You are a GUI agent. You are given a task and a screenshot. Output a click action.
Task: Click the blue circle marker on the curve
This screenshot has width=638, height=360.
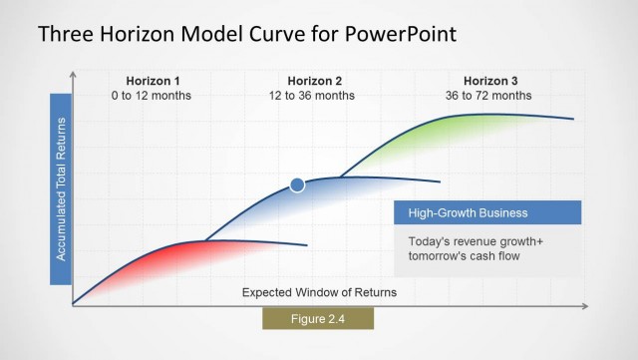(297, 183)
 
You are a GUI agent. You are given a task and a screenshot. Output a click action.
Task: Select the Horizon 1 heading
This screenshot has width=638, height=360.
(154, 81)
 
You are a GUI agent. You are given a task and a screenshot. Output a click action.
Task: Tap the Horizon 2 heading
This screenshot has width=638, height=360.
(315, 81)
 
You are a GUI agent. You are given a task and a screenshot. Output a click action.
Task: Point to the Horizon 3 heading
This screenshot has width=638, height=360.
(490, 81)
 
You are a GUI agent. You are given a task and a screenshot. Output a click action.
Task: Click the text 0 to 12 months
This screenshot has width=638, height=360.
(154, 96)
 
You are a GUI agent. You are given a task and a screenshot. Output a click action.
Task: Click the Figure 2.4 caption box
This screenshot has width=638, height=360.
(318, 318)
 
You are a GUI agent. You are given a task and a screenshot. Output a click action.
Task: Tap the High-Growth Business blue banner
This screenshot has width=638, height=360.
(487, 212)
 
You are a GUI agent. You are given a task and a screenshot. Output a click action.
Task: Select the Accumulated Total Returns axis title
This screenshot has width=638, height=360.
(61, 188)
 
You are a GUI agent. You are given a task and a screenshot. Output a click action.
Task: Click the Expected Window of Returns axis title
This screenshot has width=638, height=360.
(319, 292)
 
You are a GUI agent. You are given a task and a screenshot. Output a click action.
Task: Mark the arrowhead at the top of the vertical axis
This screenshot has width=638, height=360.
(73, 75)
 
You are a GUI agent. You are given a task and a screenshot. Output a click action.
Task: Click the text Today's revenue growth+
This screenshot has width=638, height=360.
(469, 242)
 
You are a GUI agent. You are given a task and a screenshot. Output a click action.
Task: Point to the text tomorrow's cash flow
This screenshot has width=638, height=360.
(465, 257)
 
